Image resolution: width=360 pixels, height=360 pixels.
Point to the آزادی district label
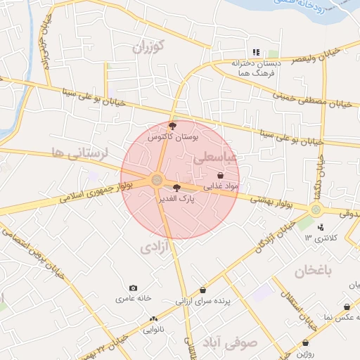click(155, 247)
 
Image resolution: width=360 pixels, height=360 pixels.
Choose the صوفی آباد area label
click(231, 343)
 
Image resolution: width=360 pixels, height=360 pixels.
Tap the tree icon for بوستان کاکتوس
click(173, 125)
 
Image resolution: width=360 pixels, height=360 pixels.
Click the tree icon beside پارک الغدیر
click(176, 188)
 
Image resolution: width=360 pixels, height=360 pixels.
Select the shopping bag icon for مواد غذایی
click(221, 175)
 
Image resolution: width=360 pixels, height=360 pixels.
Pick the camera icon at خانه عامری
click(134, 288)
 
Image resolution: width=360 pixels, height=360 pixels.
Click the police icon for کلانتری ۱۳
click(321, 226)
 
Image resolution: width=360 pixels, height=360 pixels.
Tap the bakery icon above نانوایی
click(154, 318)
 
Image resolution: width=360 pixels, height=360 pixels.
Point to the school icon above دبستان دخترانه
click(256, 52)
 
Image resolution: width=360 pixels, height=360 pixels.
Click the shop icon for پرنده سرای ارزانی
click(203, 290)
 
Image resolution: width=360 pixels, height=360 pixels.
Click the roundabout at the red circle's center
click(156, 181)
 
